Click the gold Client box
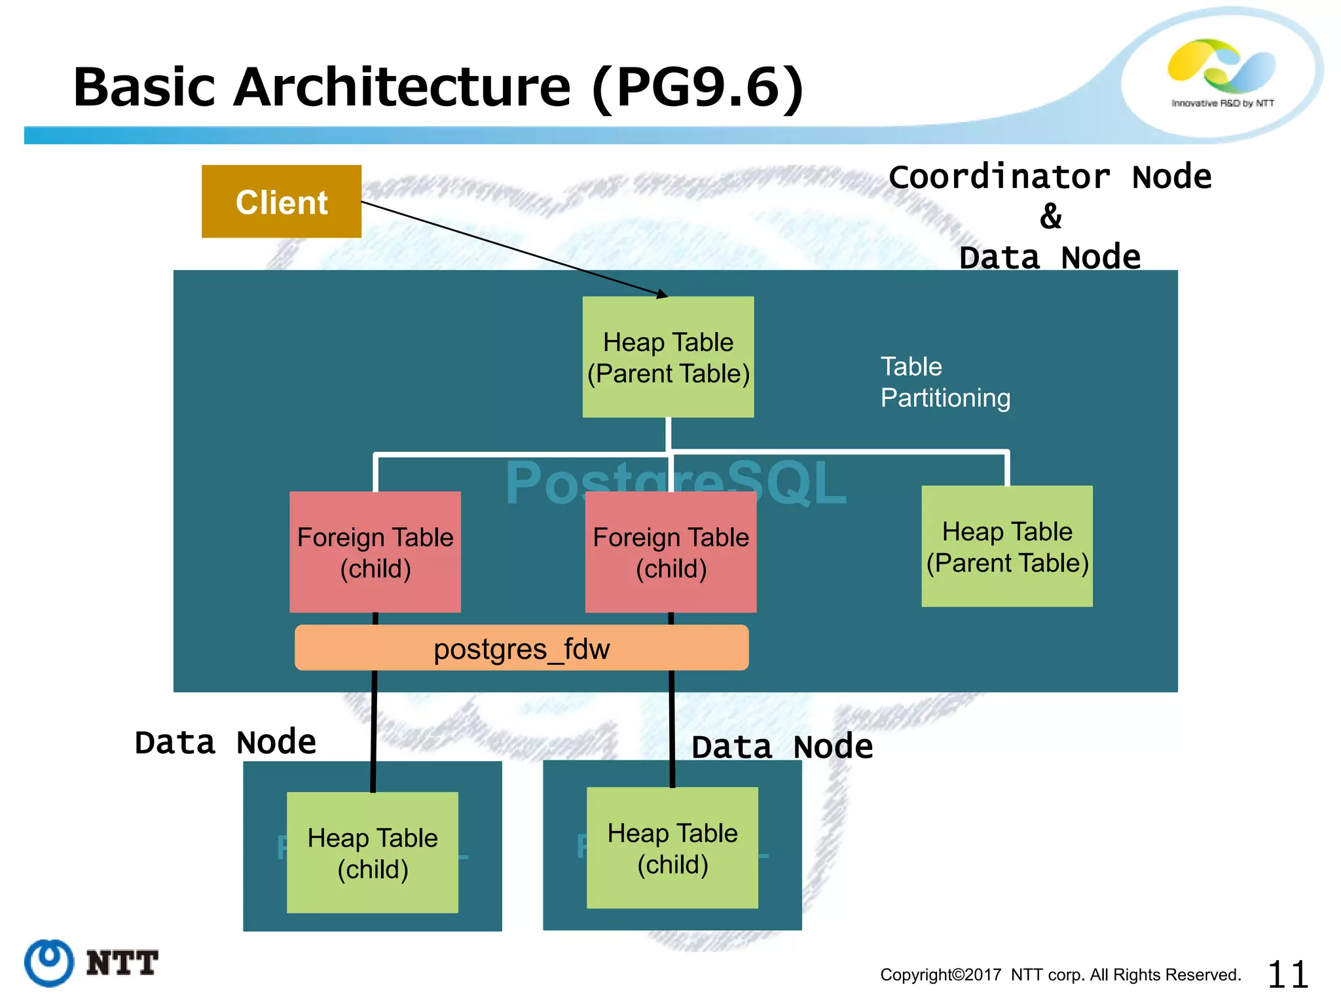pos(281,201)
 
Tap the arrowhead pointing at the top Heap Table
pos(663,295)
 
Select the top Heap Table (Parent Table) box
pos(668,357)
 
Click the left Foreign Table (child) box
pos(375,552)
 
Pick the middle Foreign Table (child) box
pos(670,552)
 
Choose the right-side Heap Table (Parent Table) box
pos(1006,546)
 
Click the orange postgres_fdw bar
pos(521,648)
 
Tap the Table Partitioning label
pos(944,382)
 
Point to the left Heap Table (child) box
pos(372,853)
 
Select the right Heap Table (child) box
pos(672,848)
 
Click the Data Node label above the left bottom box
pos(225,743)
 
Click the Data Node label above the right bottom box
pos(782,747)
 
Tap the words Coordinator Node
pos(1050,177)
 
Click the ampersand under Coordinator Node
pos(1050,217)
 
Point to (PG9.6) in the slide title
pos(697,88)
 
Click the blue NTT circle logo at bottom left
pos(49,963)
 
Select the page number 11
pos(1287,975)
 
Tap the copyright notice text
pos(1060,975)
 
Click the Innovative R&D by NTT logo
pos(1222,72)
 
